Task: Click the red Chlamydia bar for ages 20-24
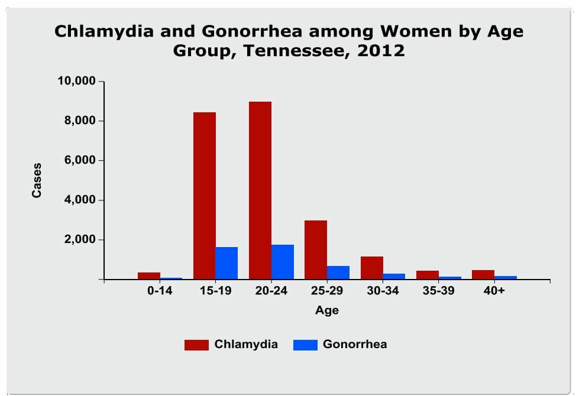tap(260, 190)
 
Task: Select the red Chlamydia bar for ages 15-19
tap(205, 196)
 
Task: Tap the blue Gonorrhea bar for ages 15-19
tap(226, 263)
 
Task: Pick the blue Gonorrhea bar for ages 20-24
tap(283, 262)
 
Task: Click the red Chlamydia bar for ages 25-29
tap(316, 250)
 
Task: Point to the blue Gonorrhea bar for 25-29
tap(338, 272)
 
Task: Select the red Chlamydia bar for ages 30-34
tap(372, 268)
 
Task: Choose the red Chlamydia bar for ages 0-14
tap(149, 276)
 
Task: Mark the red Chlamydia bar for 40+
tap(483, 275)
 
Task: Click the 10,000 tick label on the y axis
tap(76, 81)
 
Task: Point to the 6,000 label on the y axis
tap(80, 160)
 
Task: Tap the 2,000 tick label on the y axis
tap(80, 239)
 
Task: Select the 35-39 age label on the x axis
tap(438, 291)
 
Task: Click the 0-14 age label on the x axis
tap(160, 291)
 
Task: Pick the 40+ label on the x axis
tap(494, 291)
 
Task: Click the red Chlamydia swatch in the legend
tap(196, 345)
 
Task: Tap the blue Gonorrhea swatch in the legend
tap(305, 345)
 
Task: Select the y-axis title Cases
tap(37, 181)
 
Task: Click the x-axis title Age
tap(327, 310)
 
